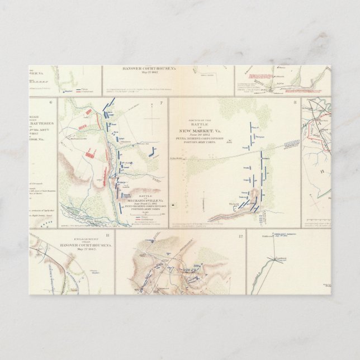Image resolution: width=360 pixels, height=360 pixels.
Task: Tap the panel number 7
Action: click(x=161, y=102)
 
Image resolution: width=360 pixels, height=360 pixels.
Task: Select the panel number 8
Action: click(x=295, y=102)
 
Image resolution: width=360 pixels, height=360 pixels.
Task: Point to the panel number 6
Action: click(x=51, y=102)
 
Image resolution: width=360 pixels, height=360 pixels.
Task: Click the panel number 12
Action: click(x=240, y=236)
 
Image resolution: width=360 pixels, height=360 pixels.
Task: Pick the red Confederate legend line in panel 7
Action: click(x=127, y=221)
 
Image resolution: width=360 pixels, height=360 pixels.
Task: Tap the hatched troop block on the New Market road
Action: click(x=291, y=144)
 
